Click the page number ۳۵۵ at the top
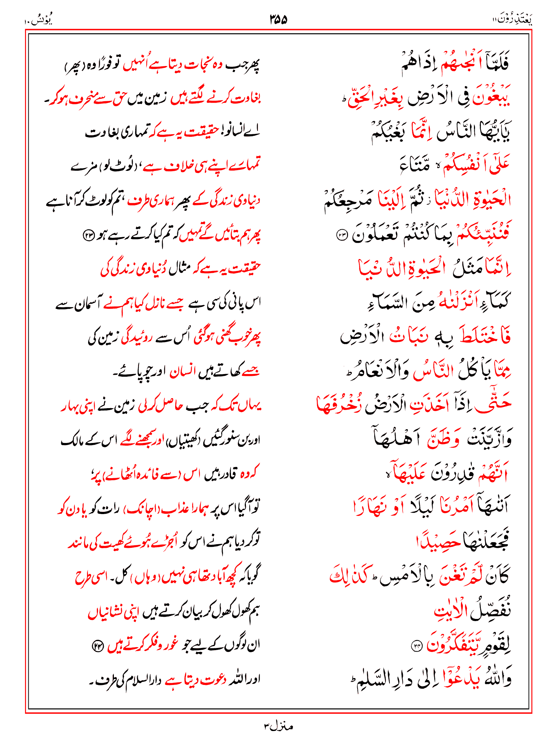pyautogui.click(x=278, y=19)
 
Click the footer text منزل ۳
pyautogui.click(x=278, y=726)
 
